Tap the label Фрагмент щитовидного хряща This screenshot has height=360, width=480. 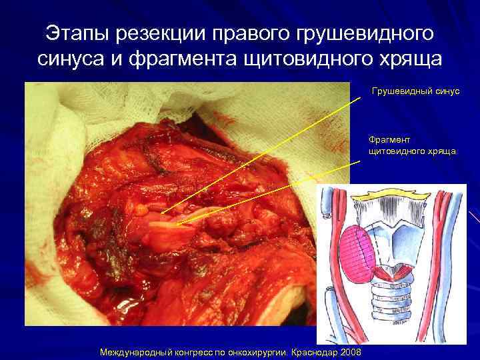click(x=412, y=145)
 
